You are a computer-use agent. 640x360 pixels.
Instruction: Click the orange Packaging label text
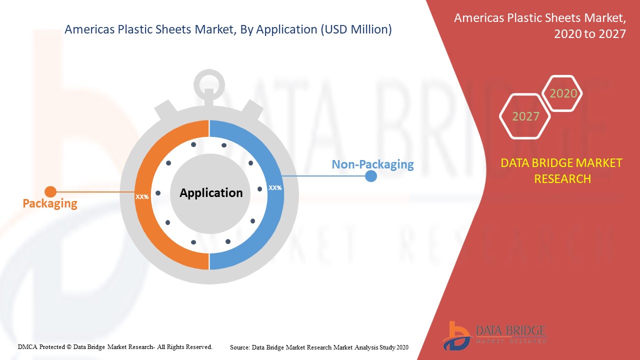(50, 203)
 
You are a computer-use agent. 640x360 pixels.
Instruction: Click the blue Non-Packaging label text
(372, 164)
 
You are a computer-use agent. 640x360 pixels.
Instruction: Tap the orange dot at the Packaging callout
(50, 191)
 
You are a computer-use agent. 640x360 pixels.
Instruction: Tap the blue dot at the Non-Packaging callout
(371, 176)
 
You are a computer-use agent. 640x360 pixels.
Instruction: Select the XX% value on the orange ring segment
(142, 197)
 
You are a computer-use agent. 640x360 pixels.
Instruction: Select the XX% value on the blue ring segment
(275, 187)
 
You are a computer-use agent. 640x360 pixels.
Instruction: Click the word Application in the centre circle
(211, 193)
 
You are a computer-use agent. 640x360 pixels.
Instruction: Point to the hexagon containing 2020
(562, 93)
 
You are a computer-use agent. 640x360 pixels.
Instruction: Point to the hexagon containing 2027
(525, 116)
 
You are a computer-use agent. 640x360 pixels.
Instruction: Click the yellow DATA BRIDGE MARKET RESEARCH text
(561, 171)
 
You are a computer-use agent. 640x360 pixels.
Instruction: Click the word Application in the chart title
(286, 30)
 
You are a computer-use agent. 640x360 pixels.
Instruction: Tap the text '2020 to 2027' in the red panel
(590, 34)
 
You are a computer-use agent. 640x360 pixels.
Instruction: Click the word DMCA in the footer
(27, 347)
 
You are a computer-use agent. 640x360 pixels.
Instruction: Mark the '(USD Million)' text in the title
(356, 29)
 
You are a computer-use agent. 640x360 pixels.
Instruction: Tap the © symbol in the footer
(69, 347)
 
